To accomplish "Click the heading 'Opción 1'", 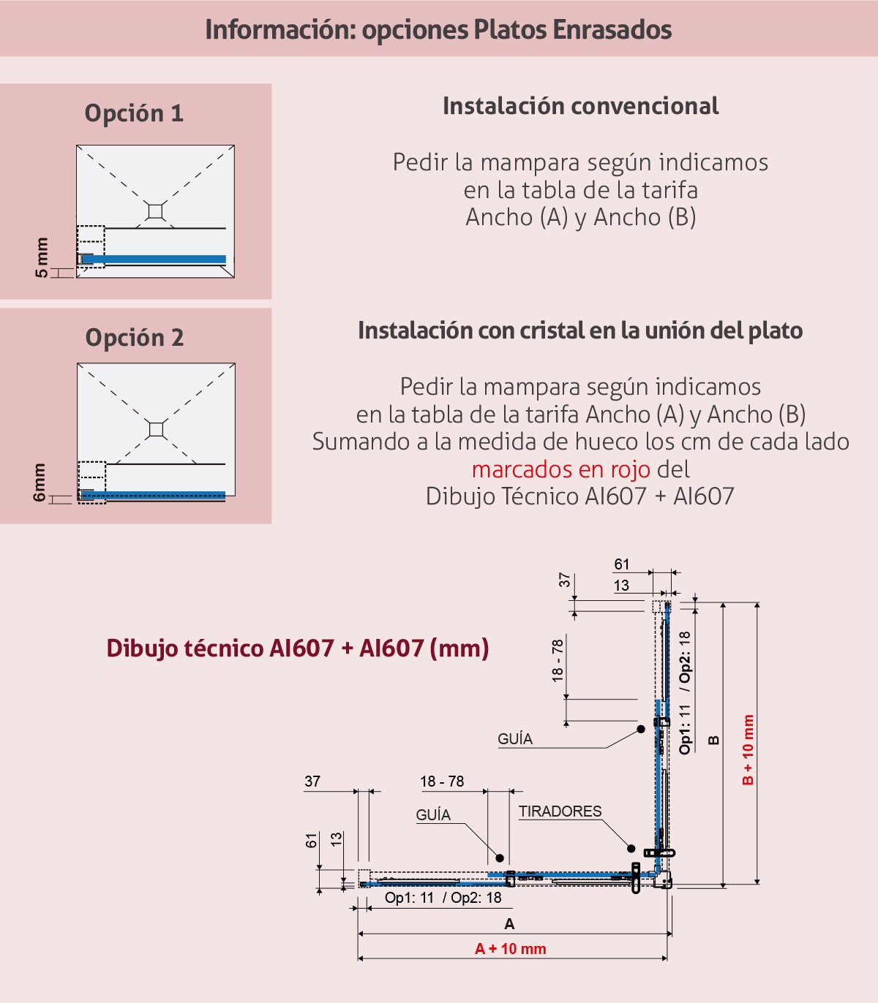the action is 134,114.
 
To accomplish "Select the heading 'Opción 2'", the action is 135,338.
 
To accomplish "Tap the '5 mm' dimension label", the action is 42,257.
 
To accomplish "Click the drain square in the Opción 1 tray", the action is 155,212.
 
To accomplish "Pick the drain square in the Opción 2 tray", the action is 156,429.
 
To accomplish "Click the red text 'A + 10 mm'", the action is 510,949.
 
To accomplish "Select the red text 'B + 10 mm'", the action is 748,750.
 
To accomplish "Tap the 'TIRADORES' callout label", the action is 560,811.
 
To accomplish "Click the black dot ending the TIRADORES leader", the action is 631,849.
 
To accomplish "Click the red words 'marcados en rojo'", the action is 561,469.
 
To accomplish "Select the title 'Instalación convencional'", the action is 581,106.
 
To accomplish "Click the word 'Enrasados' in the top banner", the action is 612,29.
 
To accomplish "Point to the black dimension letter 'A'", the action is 510,924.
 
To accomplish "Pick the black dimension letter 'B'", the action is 714,741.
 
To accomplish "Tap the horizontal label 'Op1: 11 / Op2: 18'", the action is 443,898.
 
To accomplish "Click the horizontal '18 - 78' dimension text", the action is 442,781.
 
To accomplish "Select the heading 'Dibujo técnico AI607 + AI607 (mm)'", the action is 298,648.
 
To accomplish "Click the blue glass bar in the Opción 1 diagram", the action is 154,260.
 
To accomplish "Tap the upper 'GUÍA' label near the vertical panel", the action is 515,739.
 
